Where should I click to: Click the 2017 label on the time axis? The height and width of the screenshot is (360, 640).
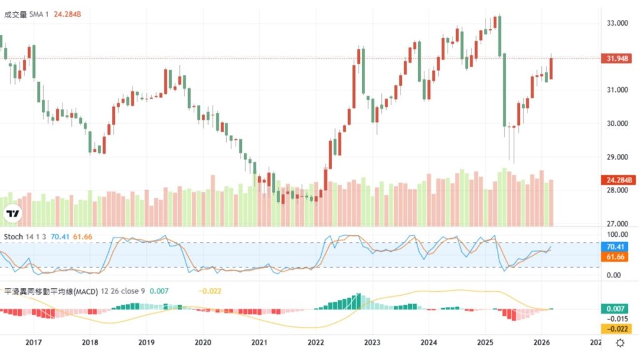click(x=33, y=342)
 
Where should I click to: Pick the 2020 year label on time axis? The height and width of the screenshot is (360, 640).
click(x=202, y=342)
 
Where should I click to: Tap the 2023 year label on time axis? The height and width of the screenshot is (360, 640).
click(x=372, y=342)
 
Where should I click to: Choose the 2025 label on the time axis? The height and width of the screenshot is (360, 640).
click(x=484, y=342)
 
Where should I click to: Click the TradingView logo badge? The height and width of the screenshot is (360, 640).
click(x=12, y=214)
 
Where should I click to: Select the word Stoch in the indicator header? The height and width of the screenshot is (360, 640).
click(x=14, y=237)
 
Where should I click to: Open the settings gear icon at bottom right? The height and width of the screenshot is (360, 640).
click(x=620, y=342)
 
